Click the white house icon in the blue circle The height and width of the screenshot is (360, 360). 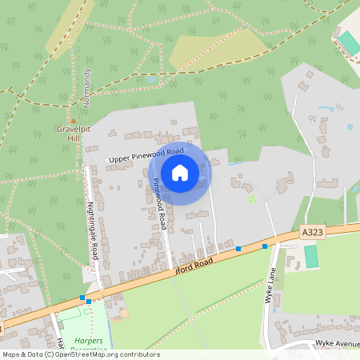click(180, 172)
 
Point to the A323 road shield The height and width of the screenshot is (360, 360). click(313, 231)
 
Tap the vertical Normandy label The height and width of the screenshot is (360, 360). click(87, 88)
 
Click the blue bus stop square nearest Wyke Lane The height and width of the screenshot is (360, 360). click(264, 246)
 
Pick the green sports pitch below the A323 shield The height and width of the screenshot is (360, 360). click(310, 257)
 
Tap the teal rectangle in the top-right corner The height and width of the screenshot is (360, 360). click(349, 43)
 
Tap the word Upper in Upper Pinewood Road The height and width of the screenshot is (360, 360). click(121, 160)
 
